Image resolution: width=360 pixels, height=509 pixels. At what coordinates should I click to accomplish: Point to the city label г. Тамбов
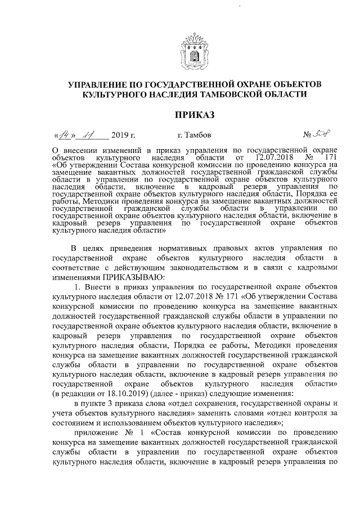[x=194, y=135]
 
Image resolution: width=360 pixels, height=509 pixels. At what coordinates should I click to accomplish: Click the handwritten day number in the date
[x=67, y=134]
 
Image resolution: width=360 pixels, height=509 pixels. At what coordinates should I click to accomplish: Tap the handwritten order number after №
[x=322, y=134]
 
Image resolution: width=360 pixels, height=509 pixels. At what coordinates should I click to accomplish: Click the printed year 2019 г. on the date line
[x=123, y=135]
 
